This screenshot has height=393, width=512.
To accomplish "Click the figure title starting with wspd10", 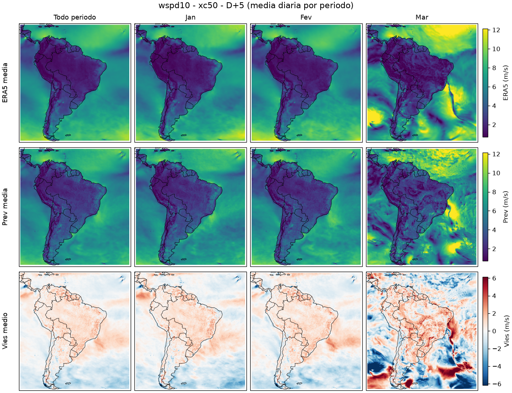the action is (256, 5).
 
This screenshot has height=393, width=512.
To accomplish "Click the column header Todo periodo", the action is (75, 17).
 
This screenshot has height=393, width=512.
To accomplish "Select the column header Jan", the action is (190, 17).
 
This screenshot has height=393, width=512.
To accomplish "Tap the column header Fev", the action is (306, 17).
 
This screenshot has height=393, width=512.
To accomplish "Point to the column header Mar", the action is (422, 17).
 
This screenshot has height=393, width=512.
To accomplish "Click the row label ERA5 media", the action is (5, 83).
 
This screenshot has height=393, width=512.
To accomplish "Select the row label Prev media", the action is (5, 207).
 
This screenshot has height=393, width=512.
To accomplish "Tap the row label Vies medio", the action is (5, 331).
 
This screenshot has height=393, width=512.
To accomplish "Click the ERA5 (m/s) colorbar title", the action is (505, 83).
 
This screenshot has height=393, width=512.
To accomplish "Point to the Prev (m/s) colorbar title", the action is (505, 207).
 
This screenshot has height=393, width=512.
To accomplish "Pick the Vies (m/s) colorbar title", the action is (505, 331).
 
